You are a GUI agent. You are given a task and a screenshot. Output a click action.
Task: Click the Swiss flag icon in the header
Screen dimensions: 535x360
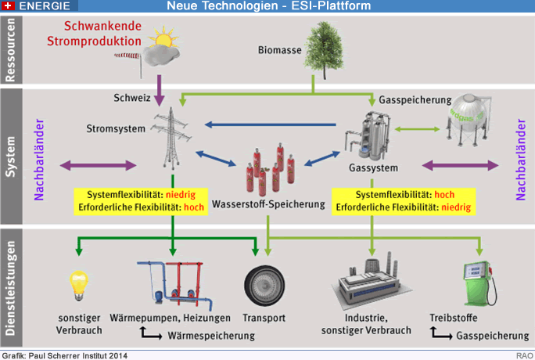coord(8,5)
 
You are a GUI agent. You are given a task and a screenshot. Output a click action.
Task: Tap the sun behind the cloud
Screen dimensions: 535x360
coord(164,37)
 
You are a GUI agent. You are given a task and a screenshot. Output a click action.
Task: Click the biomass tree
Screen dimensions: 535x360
coord(324,49)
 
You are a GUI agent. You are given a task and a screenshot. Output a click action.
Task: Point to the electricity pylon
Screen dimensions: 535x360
coord(171,139)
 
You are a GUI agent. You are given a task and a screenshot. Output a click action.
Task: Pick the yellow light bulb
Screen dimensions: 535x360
coord(79,286)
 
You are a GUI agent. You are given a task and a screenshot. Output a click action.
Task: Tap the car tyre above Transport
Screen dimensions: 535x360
coord(264,286)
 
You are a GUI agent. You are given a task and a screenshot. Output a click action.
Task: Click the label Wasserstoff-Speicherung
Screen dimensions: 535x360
coord(268,204)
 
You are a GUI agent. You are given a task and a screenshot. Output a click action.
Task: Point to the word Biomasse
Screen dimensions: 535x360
coord(279,50)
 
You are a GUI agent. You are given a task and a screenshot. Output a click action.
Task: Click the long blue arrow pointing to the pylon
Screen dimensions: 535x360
coord(270,124)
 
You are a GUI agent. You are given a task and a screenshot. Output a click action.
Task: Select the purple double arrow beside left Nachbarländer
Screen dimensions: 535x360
coord(98,165)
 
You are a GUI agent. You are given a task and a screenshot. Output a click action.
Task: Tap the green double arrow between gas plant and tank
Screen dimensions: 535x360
coord(418,129)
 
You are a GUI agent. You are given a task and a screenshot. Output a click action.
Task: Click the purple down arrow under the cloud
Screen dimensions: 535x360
coord(159,91)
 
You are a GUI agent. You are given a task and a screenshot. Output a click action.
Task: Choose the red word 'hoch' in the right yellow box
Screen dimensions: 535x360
coord(444,195)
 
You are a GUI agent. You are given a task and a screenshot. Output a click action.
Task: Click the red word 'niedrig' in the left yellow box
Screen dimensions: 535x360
coord(181,195)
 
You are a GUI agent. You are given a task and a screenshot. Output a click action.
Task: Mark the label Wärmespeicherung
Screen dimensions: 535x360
coord(211,336)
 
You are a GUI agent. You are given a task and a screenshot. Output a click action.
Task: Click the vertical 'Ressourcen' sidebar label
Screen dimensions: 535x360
coord(11,50)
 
